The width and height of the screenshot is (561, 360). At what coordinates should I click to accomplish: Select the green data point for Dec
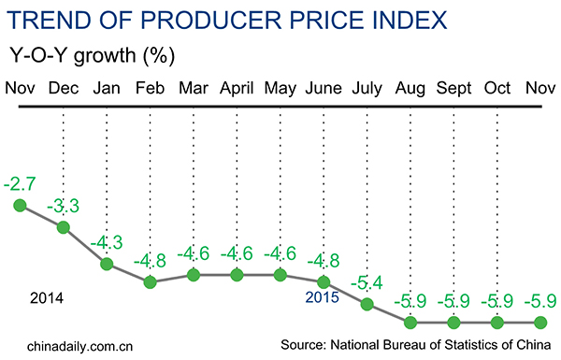click(x=64, y=226)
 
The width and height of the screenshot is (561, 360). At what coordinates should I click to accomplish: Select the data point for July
click(x=367, y=304)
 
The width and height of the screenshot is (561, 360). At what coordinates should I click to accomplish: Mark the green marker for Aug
click(x=410, y=323)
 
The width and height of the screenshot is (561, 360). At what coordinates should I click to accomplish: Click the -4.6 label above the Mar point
click(x=194, y=252)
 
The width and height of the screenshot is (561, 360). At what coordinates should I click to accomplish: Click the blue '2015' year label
click(x=323, y=298)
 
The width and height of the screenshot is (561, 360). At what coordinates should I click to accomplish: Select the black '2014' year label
click(x=47, y=298)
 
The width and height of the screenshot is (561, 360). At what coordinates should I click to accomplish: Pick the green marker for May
click(x=280, y=275)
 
